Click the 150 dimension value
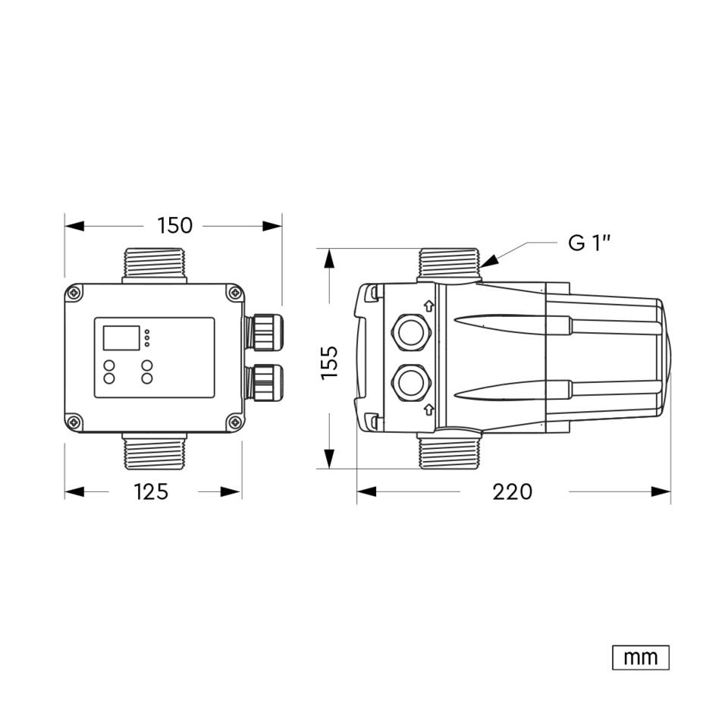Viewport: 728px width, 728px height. tap(174, 226)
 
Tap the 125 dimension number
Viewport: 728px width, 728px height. tap(151, 491)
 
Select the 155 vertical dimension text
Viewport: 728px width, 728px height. tap(330, 362)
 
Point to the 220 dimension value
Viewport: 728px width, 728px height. tap(512, 491)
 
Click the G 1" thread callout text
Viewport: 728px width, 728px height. tap(589, 243)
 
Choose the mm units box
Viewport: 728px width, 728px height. tap(641, 657)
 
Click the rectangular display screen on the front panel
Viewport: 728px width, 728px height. tap(121, 338)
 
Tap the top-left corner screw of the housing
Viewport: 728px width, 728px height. tap(74, 293)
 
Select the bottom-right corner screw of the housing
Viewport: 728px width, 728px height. tap(235, 422)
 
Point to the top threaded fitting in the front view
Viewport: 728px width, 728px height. tap(155, 265)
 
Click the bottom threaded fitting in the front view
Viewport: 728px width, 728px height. tap(155, 451)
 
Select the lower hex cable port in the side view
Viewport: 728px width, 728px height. tap(411, 383)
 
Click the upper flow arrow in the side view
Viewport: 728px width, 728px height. tap(428, 306)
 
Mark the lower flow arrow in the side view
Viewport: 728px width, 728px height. tap(428, 409)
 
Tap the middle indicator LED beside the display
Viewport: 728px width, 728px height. tap(147, 338)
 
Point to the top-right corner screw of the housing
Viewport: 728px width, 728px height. tap(235, 293)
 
